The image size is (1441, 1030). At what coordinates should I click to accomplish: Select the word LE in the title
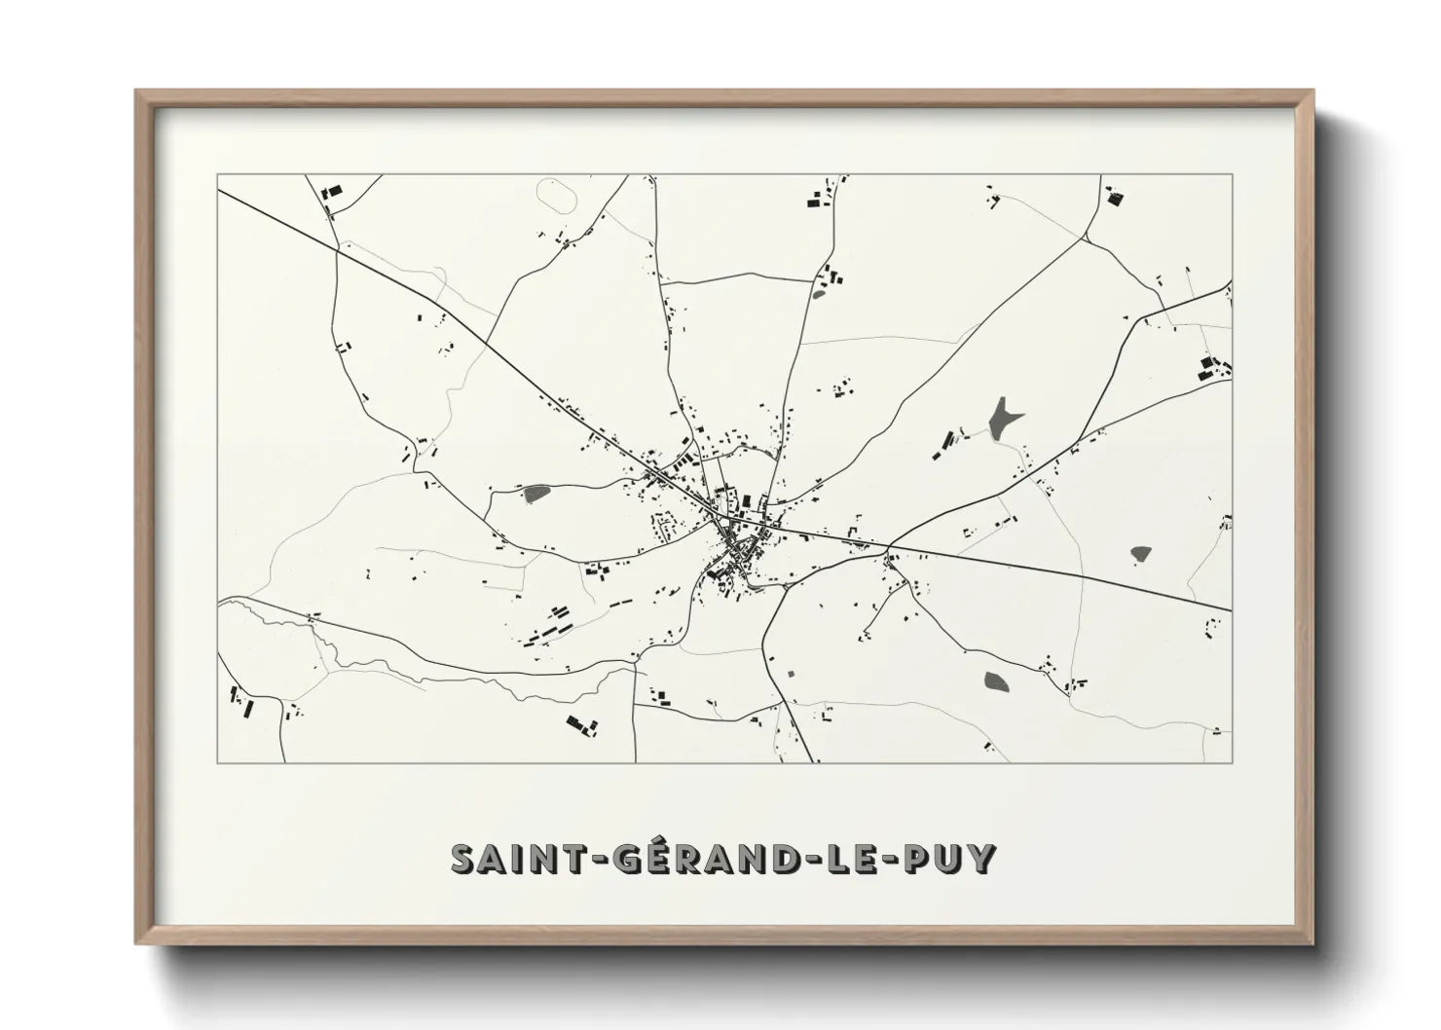[855, 858]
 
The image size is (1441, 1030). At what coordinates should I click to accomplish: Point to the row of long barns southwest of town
[546, 627]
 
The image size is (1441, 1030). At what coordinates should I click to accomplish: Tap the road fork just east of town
[887, 545]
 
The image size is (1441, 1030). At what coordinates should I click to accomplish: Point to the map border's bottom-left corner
[218, 762]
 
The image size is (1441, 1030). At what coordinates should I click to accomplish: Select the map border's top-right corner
[1232, 175]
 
